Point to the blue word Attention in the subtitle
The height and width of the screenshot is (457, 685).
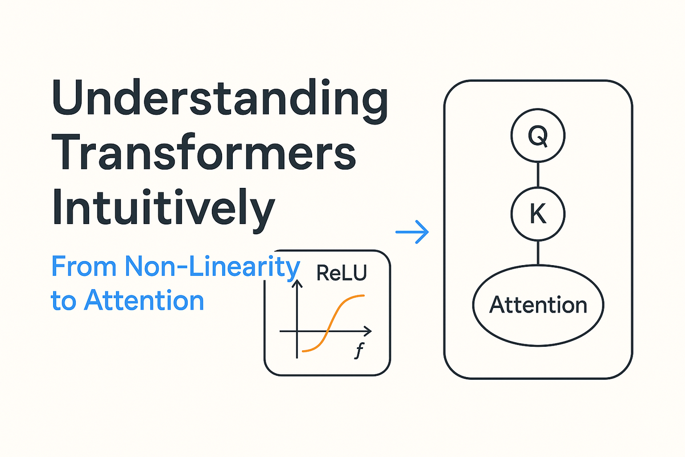click(x=144, y=300)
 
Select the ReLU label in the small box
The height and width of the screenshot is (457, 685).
click(x=341, y=274)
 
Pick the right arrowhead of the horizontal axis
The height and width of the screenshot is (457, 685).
click(x=368, y=331)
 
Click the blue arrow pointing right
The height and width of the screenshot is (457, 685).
click(x=412, y=231)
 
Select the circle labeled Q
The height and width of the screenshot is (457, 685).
click(x=538, y=136)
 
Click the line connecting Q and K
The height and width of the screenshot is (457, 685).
click(x=538, y=174)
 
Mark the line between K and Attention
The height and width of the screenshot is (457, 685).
click(x=538, y=252)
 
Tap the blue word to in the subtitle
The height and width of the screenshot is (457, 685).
click(x=63, y=300)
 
